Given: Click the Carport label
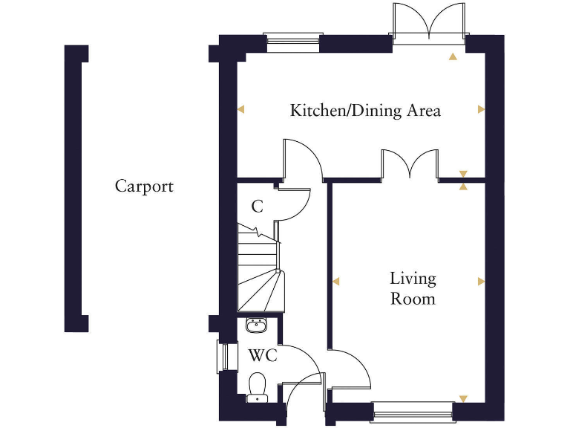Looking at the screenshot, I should click(x=144, y=187).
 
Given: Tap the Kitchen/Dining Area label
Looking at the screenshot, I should click(x=365, y=111).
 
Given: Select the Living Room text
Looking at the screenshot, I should click(x=413, y=289).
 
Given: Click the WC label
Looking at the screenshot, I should click(x=263, y=356).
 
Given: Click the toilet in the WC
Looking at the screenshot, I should click(x=257, y=386).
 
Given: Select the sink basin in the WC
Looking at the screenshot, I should click(x=256, y=325).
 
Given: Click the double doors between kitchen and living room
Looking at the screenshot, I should click(x=410, y=163).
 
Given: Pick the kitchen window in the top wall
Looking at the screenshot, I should click(x=294, y=42).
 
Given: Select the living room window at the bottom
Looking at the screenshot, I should click(x=413, y=411).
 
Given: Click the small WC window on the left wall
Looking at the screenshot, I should click(x=220, y=357).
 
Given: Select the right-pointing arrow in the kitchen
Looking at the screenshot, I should click(x=481, y=110).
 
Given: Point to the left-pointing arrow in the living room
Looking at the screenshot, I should click(x=335, y=281).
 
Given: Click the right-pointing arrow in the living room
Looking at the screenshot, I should click(x=481, y=281).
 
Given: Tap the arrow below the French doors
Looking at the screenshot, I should click(x=452, y=56).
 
